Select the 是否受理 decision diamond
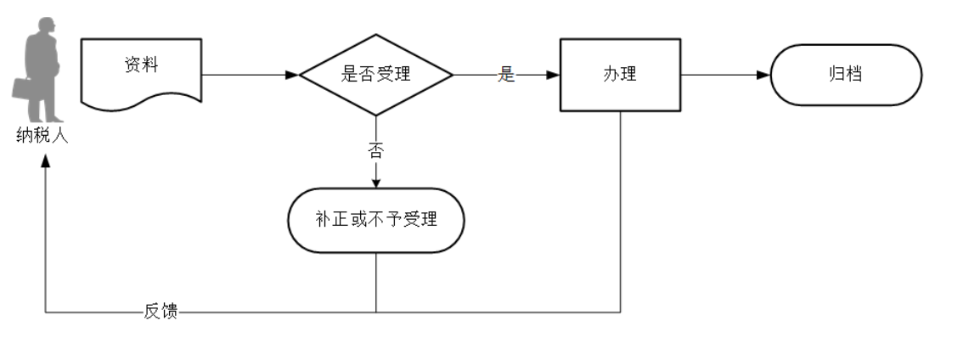click(x=376, y=75)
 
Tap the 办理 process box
click(x=619, y=75)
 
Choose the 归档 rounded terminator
click(x=845, y=75)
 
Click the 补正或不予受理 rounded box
click(x=376, y=220)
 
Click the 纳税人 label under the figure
click(x=42, y=135)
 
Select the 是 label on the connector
click(x=506, y=75)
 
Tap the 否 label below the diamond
click(x=375, y=150)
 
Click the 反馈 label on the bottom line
click(x=161, y=312)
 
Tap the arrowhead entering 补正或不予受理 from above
click(x=376, y=182)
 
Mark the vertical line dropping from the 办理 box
click(x=620, y=212)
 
